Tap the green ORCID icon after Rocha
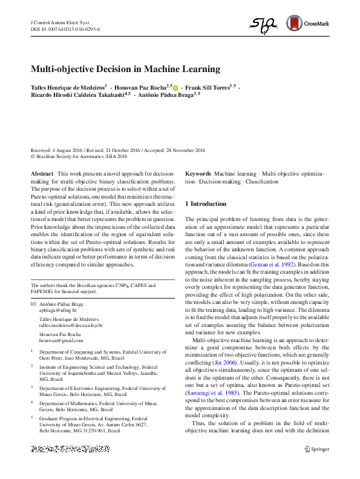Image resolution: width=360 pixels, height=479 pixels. (175, 88)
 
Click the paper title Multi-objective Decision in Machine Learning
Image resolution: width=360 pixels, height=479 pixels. (125, 69)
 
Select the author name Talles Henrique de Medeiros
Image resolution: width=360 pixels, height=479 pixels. (68, 88)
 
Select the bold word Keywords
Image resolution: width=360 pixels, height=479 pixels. (198, 174)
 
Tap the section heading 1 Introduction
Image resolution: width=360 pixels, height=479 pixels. (206, 204)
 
